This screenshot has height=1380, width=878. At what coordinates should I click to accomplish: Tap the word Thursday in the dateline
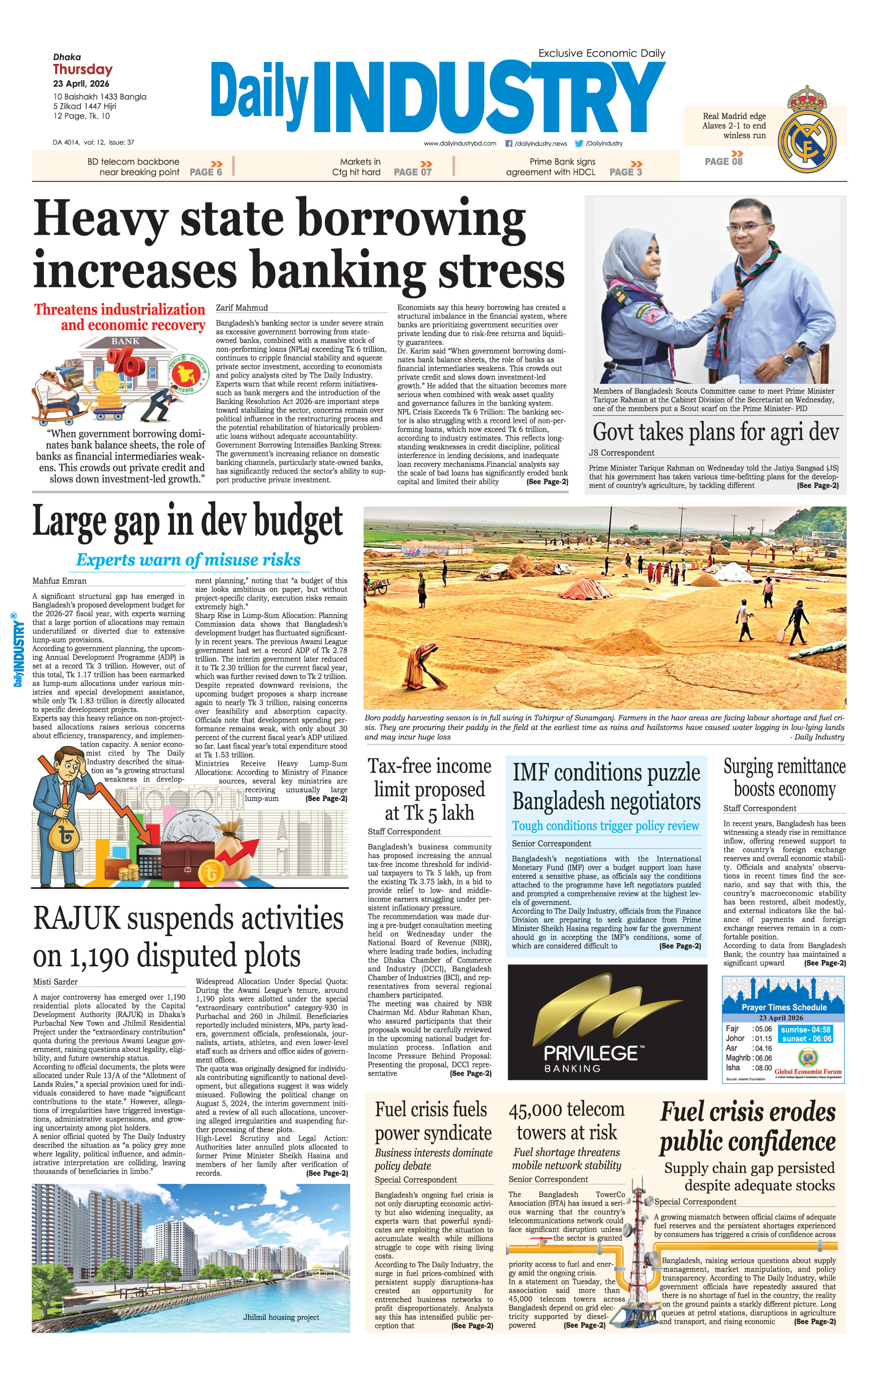coord(82,69)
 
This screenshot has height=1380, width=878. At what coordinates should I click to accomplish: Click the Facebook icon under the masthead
coord(508,143)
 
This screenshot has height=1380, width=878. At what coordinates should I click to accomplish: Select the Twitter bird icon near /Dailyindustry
coord(579,143)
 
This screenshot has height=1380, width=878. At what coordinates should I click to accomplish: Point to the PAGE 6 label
coord(206,172)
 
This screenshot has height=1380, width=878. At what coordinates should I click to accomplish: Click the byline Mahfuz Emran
coord(59,580)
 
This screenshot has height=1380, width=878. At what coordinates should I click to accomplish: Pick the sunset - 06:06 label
coord(806,1039)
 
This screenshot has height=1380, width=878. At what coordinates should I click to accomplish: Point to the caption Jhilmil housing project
coord(281,1317)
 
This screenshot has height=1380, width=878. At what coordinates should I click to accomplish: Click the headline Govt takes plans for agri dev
coord(715,432)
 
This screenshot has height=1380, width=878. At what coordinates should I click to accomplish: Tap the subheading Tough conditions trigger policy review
coord(605,826)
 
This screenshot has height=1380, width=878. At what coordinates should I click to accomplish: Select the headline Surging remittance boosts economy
coord(784,778)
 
